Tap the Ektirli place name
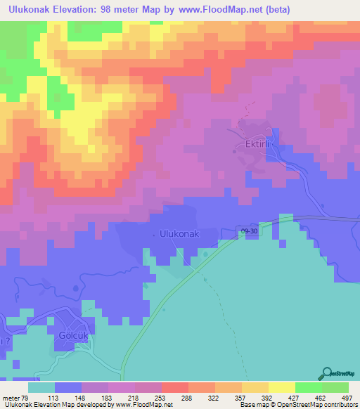pos(258,143)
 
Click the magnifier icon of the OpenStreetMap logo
pos(328,373)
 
